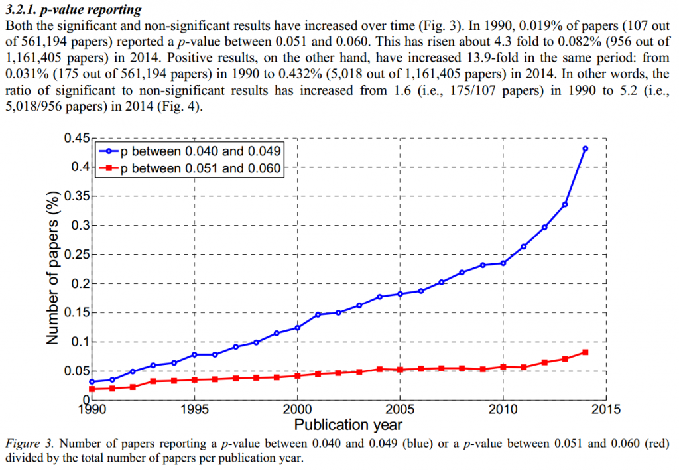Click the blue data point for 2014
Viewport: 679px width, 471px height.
coord(585,149)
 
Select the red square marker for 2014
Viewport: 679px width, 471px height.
coord(585,352)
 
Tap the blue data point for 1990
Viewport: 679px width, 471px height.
coord(92,382)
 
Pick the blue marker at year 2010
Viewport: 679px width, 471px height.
coord(503,263)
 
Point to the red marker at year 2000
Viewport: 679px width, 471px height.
coord(297,376)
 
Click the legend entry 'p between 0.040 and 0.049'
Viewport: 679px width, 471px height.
coord(202,151)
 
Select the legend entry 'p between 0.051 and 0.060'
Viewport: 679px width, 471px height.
coord(202,168)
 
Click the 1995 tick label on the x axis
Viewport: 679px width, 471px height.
coord(194,409)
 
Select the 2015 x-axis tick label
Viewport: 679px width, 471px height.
coord(605,409)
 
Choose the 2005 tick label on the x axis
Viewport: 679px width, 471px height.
coord(400,409)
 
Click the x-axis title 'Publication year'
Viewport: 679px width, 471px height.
coord(348,425)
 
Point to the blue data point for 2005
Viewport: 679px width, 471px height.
coord(400,294)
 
